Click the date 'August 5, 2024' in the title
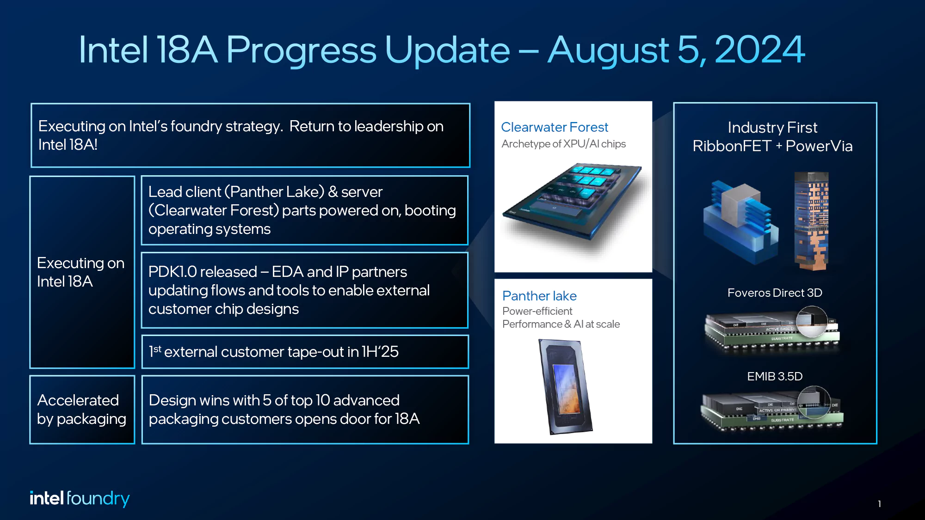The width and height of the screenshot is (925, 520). pyautogui.click(x=676, y=50)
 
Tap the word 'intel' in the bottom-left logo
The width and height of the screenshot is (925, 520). pyautogui.click(x=46, y=498)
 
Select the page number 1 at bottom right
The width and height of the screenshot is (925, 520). pyautogui.click(x=879, y=504)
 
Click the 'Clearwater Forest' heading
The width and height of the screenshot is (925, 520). pyautogui.click(x=554, y=127)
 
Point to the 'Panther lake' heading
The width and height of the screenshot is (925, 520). pyautogui.click(x=539, y=296)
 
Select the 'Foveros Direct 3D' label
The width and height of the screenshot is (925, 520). pyautogui.click(x=775, y=293)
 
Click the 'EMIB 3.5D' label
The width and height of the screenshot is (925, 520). pyautogui.click(x=775, y=376)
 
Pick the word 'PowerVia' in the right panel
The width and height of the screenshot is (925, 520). pyautogui.click(x=819, y=146)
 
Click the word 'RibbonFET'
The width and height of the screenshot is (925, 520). pyautogui.click(x=732, y=146)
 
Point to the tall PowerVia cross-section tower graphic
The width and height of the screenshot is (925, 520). pyautogui.click(x=812, y=220)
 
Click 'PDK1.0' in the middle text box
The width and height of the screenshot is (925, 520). pyautogui.click(x=179, y=272)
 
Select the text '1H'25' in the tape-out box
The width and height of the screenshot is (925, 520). pyautogui.click(x=380, y=352)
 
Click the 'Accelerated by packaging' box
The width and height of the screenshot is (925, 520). pyautogui.click(x=82, y=410)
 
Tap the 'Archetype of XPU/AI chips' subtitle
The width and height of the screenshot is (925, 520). pyautogui.click(x=563, y=144)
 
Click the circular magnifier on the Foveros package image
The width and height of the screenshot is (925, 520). pyautogui.click(x=812, y=321)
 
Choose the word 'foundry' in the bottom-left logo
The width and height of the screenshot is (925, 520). pyautogui.click(x=98, y=498)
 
